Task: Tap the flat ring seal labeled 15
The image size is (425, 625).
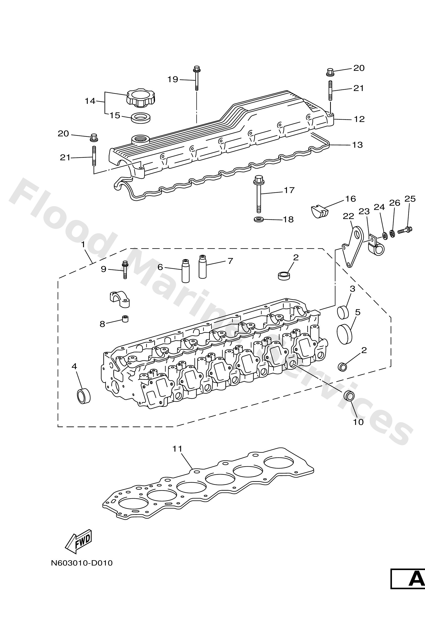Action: pos(141,117)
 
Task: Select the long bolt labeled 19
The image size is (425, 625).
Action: pos(196,78)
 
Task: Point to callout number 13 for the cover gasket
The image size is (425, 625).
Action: pos(358,145)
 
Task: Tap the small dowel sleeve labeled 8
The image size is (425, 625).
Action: pos(125,319)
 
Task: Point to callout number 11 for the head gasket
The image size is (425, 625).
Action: pos(177,449)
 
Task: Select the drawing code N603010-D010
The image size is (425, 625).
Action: pos(82,563)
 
